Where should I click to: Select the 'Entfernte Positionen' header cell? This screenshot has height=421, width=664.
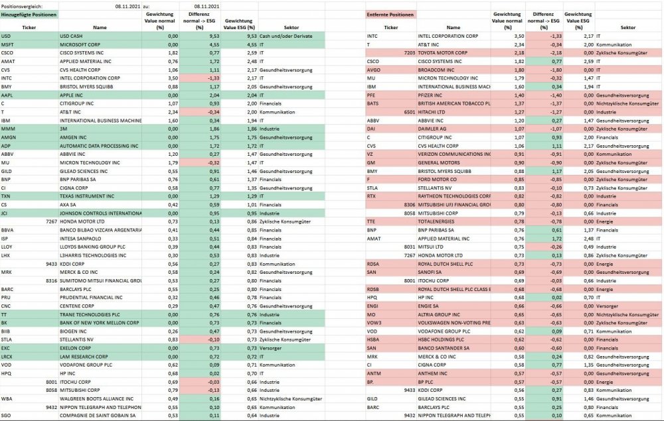(x=390, y=14)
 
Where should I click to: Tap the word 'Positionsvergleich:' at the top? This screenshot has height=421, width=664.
(x=21, y=5)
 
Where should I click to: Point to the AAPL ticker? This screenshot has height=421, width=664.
(x=8, y=95)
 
